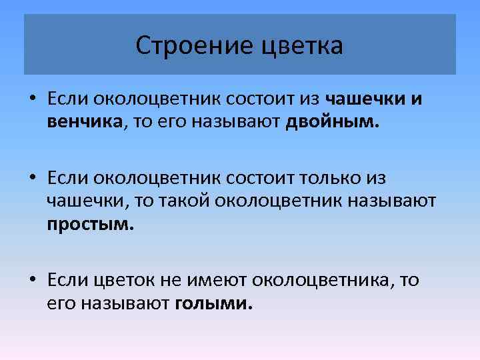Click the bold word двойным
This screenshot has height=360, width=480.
point(331,123)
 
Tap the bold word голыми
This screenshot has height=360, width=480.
point(213,304)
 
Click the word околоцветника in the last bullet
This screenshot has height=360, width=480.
point(324,281)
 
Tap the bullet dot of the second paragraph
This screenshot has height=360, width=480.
point(32,179)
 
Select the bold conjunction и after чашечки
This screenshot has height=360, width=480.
point(416,99)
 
